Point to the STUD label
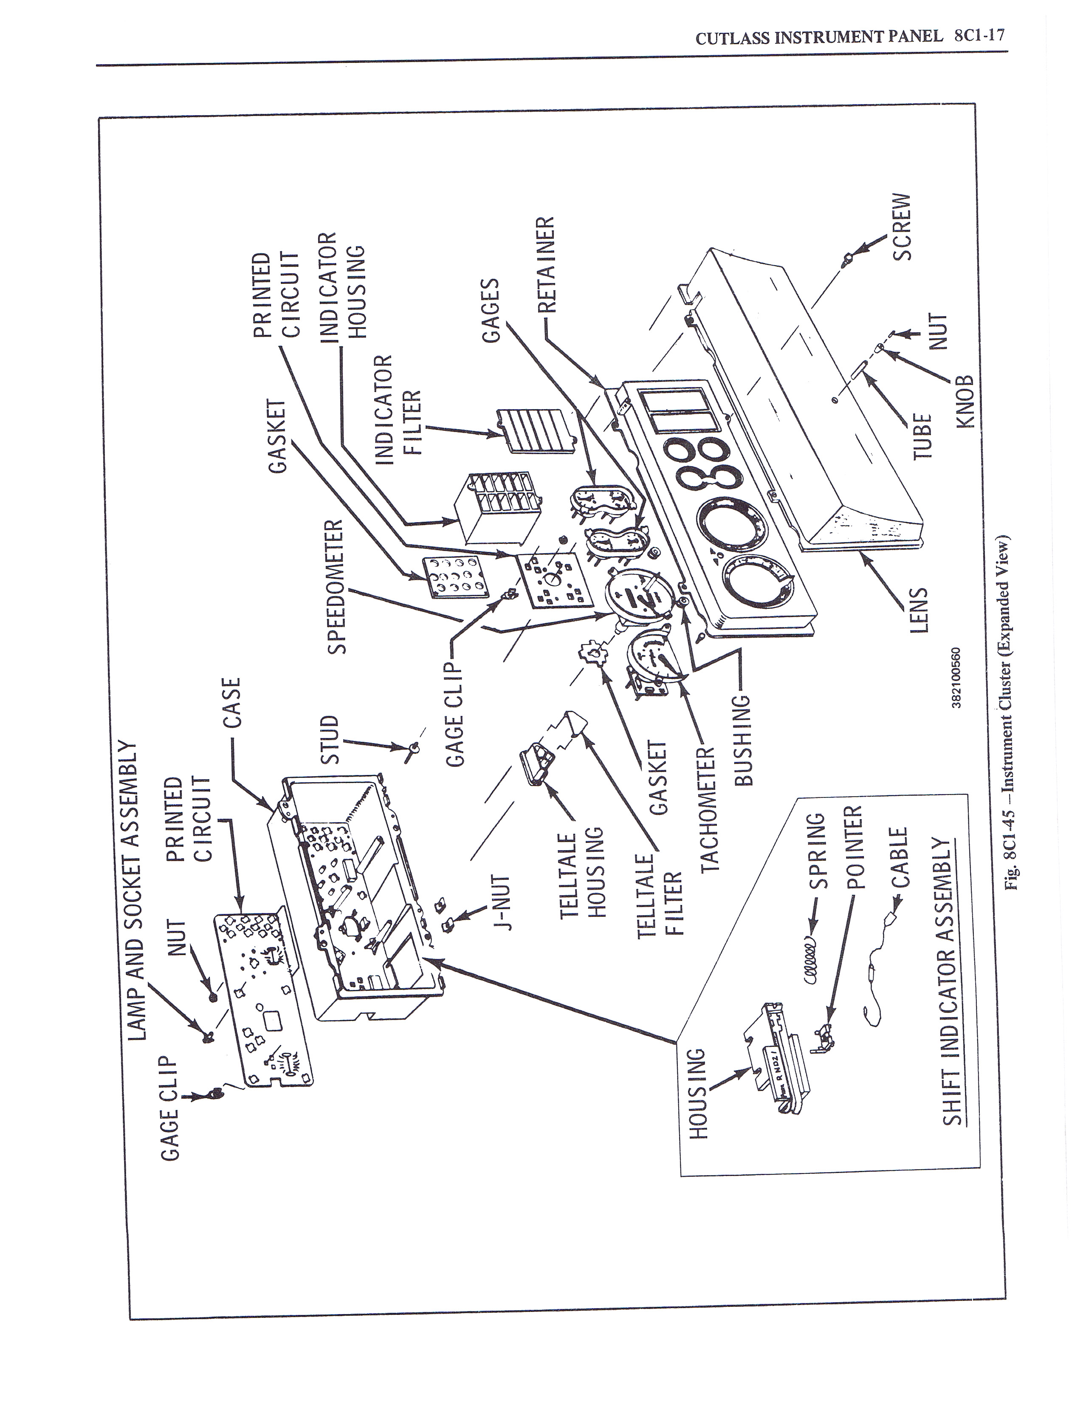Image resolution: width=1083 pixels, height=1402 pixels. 329,740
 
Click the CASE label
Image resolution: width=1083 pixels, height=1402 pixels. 231,703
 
